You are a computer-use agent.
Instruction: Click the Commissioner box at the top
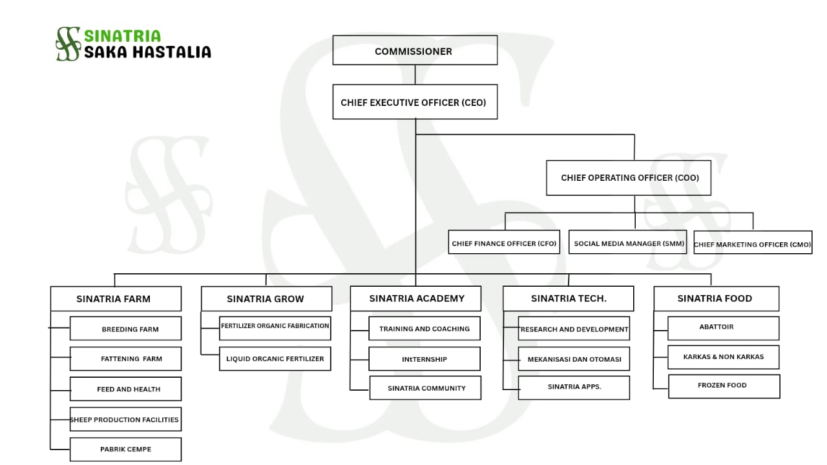pos(415,50)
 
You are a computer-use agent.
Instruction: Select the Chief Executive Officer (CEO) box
pos(415,102)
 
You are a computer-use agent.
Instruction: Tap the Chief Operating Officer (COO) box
pos(629,178)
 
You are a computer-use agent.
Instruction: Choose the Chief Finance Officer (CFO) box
pos(504,243)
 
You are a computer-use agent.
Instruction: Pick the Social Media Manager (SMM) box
pos(627,243)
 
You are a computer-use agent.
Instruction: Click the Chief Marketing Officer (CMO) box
pos(753,243)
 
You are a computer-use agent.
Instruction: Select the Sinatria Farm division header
pos(116,299)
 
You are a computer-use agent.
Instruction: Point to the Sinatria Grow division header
pos(266,299)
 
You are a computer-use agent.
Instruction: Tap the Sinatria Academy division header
pos(416,298)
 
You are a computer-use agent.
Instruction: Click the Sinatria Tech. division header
pos(569,298)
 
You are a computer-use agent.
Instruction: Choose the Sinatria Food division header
pos(716,298)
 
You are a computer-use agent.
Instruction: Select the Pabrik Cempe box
pos(125,449)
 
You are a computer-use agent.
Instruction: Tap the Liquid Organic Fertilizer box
pos(275,358)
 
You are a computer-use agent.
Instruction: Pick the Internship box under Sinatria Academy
pos(424,359)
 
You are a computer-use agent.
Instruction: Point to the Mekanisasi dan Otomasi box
pos(574,359)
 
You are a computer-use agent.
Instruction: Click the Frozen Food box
pos(724,386)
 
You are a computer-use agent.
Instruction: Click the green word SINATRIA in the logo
pos(123,36)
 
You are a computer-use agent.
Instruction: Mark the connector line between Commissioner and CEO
pos(415,74)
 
